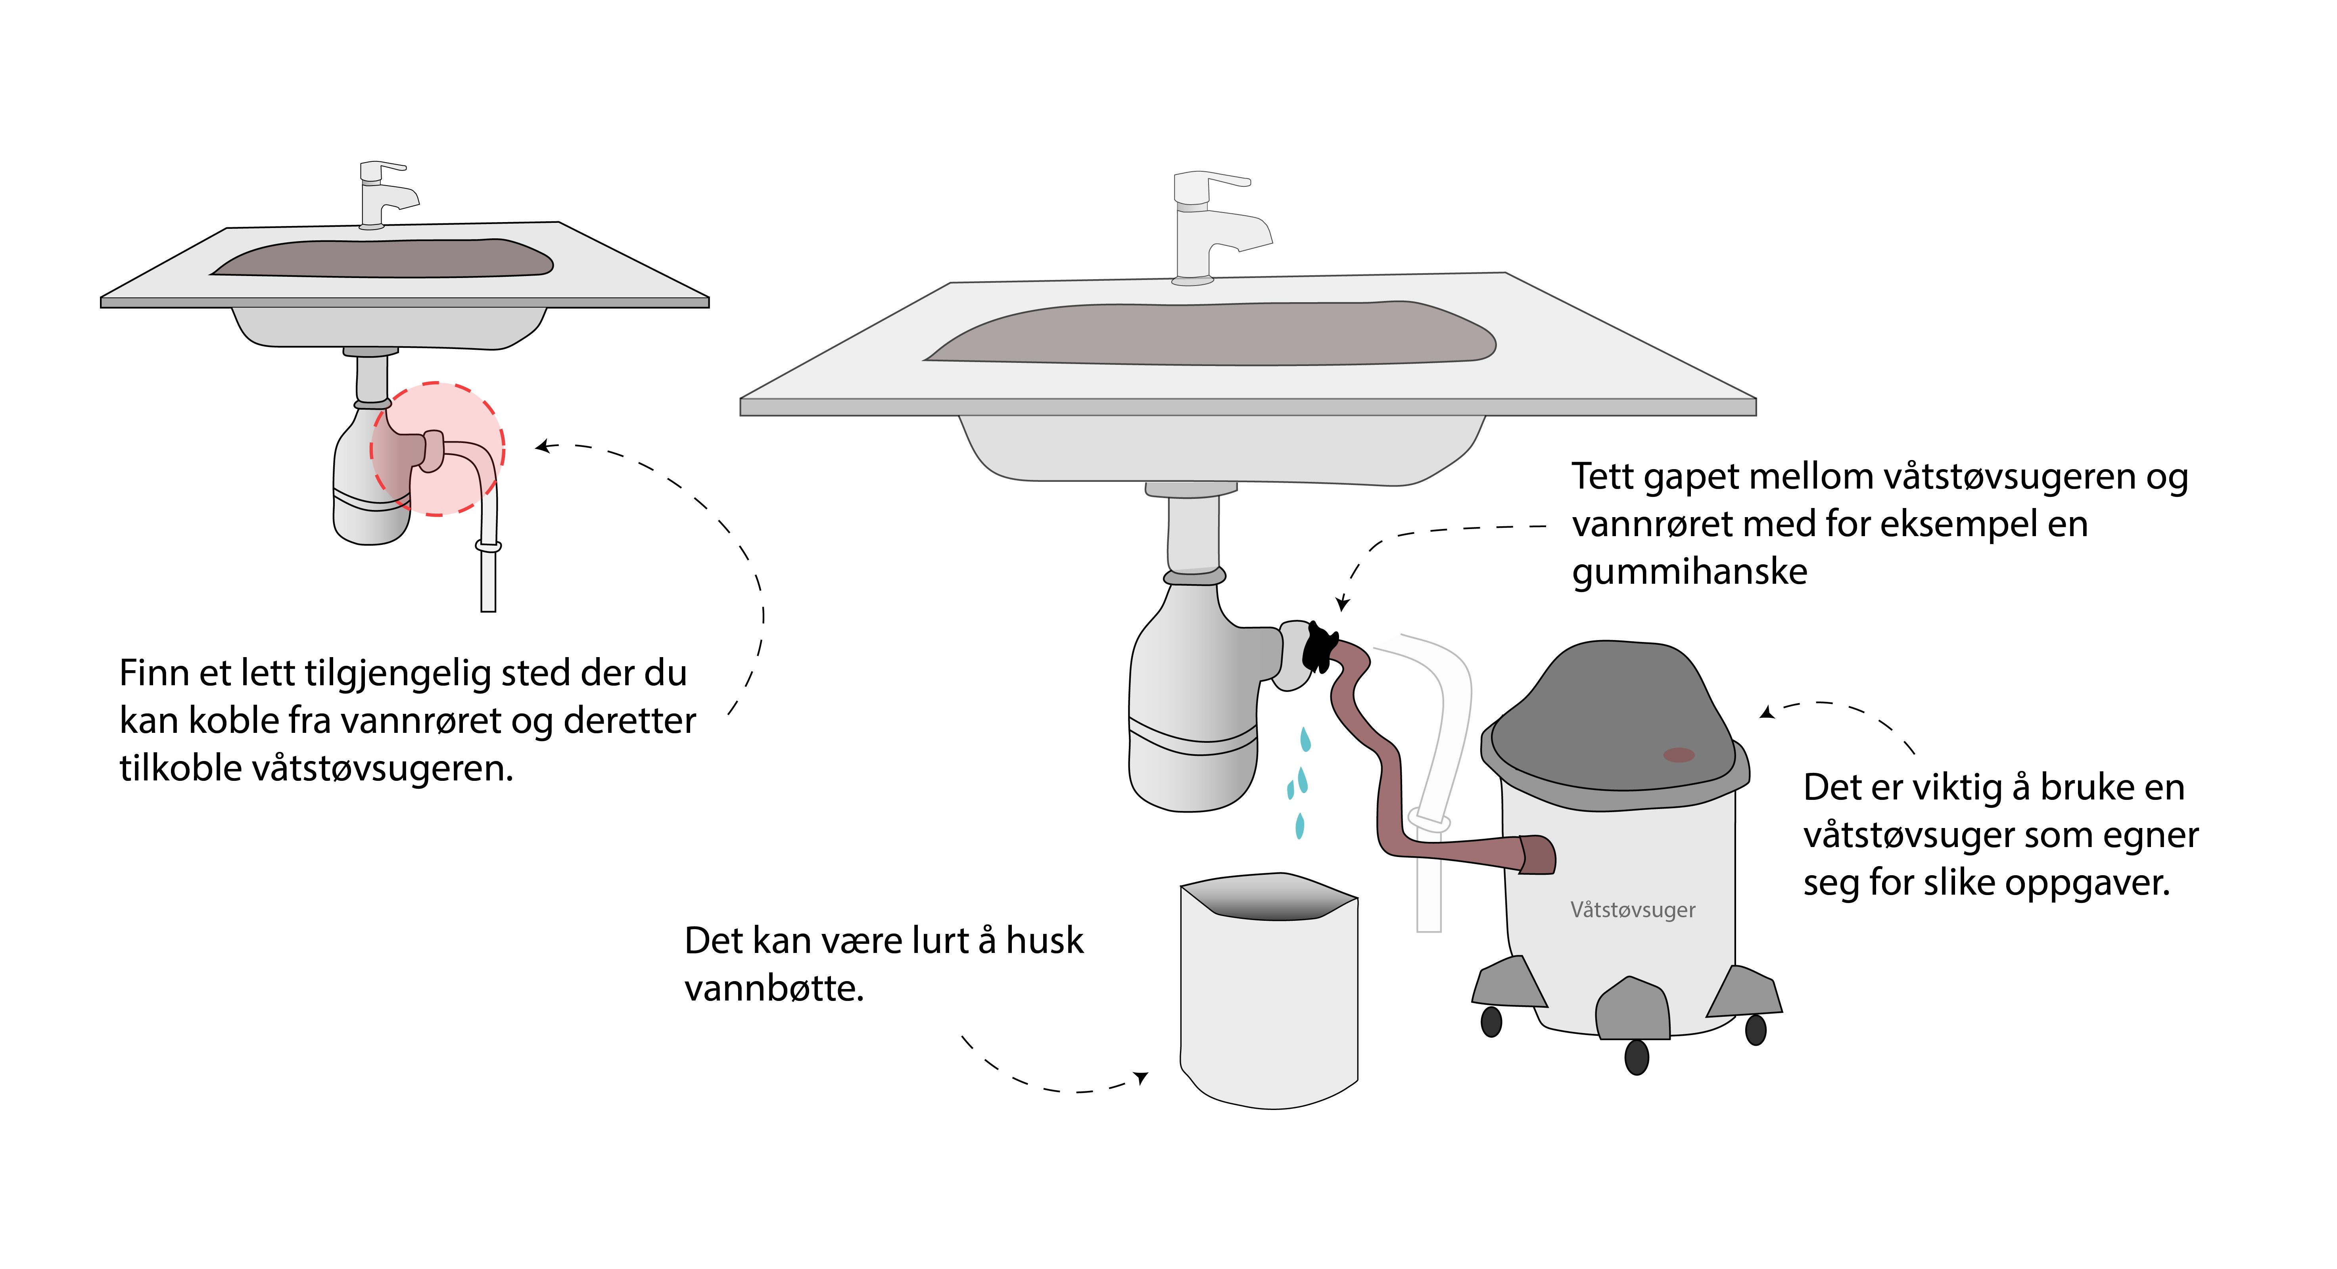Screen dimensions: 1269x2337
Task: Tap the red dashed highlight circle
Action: click(437, 449)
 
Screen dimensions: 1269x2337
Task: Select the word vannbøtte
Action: click(773, 989)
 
